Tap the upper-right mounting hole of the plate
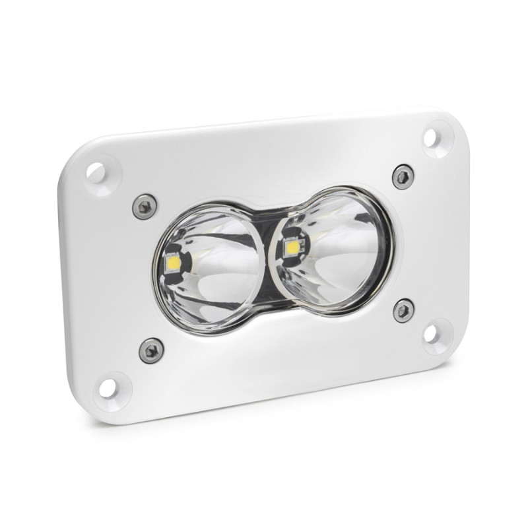tap(430, 137)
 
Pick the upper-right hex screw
tap(402, 176)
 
